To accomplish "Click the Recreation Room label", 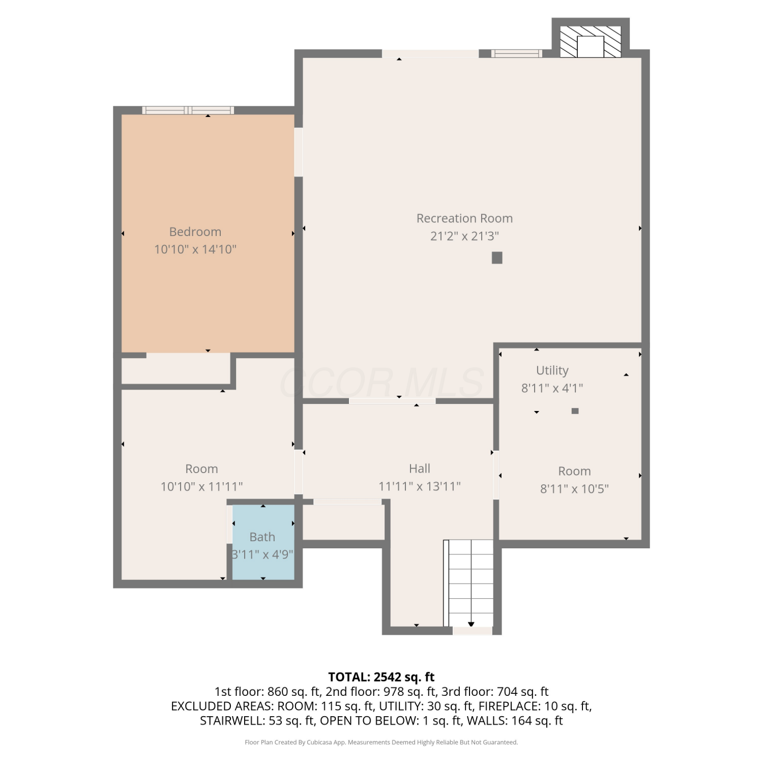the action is (x=464, y=218).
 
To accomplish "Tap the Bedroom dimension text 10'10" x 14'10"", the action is (x=195, y=249).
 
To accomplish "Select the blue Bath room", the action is (x=263, y=542).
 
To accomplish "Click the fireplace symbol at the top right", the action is (x=591, y=42).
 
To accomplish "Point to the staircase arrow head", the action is (x=471, y=624).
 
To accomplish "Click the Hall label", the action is (x=420, y=468).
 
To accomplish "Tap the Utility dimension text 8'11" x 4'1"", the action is (x=552, y=388).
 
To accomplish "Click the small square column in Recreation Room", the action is (x=497, y=258).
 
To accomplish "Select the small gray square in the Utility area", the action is (x=575, y=411).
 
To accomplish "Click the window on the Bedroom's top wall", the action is (x=188, y=110).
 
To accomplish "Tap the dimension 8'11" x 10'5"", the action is (x=574, y=489).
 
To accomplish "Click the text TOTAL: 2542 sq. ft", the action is (x=382, y=677).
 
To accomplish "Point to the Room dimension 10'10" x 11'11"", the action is (x=201, y=486).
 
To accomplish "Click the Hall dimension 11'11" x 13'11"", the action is (x=420, y=486).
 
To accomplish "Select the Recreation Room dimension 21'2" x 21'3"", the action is (x=464, y=236).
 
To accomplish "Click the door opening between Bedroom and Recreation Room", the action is (x=299, y=152).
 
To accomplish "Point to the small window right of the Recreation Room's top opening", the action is (x=516, y=53).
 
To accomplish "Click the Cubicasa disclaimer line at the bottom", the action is (x=382, y=742).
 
